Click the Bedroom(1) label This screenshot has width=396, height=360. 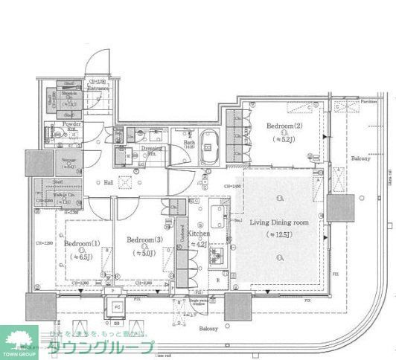click(77, 244)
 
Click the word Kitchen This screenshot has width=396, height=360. click(199, 234)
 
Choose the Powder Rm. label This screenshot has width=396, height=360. click(72, 126)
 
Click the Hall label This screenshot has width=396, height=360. click(109, 182)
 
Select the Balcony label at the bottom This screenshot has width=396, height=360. click(208, 328)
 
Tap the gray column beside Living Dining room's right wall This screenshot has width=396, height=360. click(339, 208)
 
